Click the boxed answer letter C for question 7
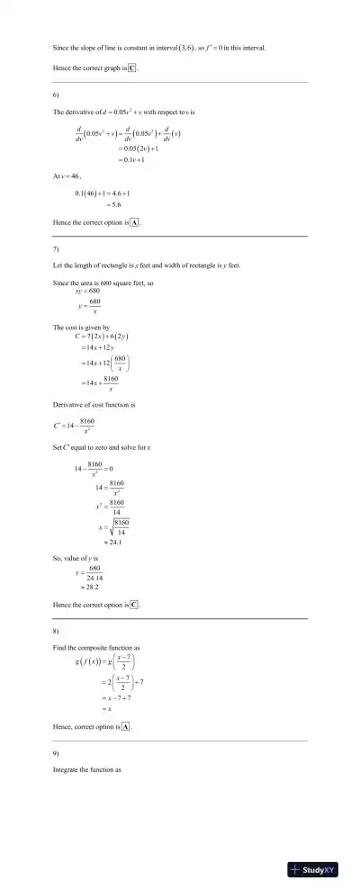(x=134, y=606)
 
